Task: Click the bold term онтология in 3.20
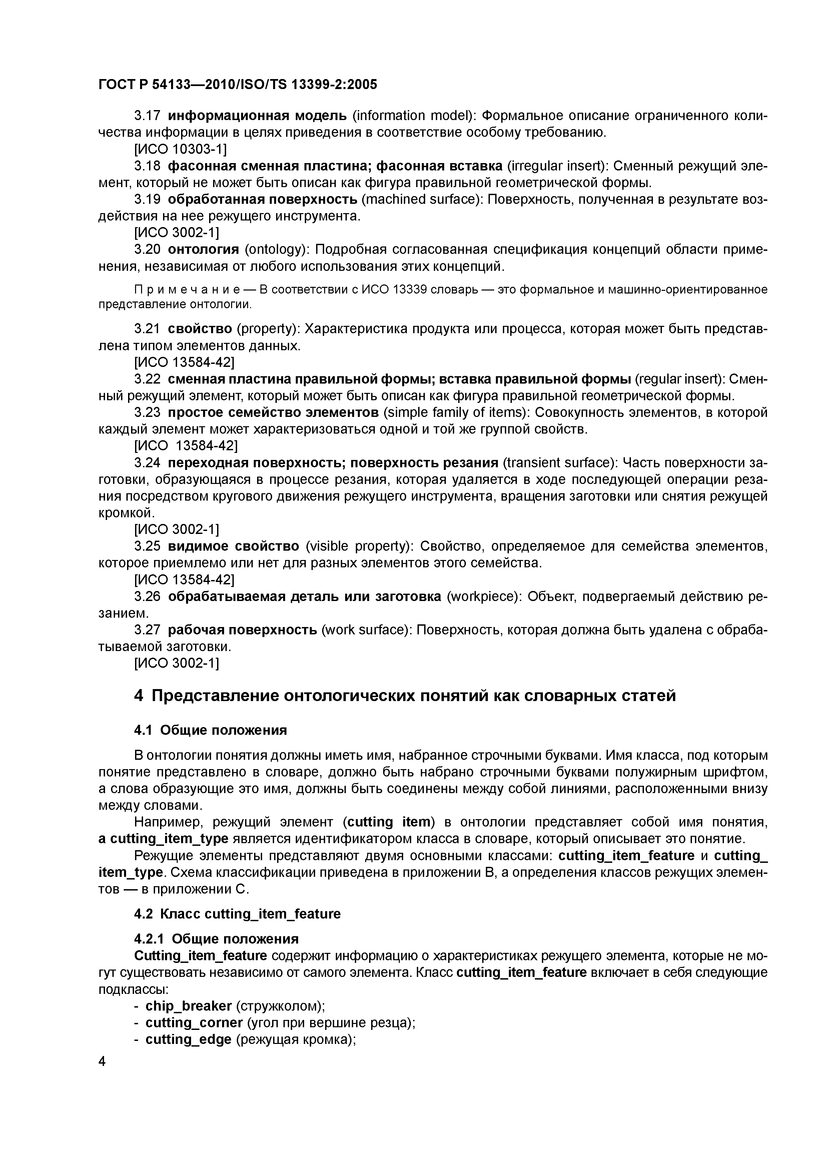point(203,250)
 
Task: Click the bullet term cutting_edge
point(188,1040)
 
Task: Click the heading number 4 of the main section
point(138,696)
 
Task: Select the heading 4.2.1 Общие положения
point(216,939)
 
